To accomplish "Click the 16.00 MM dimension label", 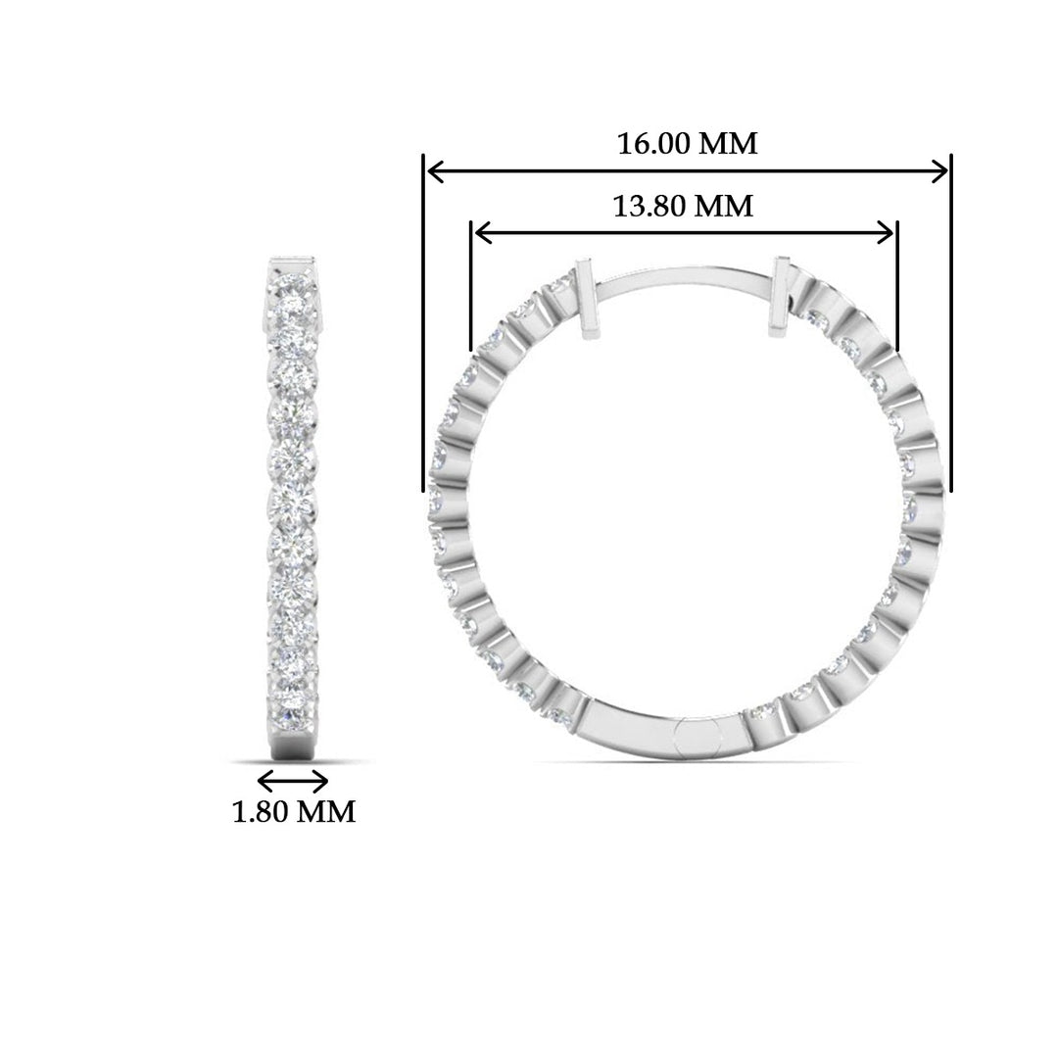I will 687,143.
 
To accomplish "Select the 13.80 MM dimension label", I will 683,206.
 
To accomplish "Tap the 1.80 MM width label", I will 294,812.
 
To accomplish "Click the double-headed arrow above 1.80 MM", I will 292,781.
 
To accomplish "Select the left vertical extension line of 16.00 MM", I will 424,323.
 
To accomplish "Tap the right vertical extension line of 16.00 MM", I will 950,323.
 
